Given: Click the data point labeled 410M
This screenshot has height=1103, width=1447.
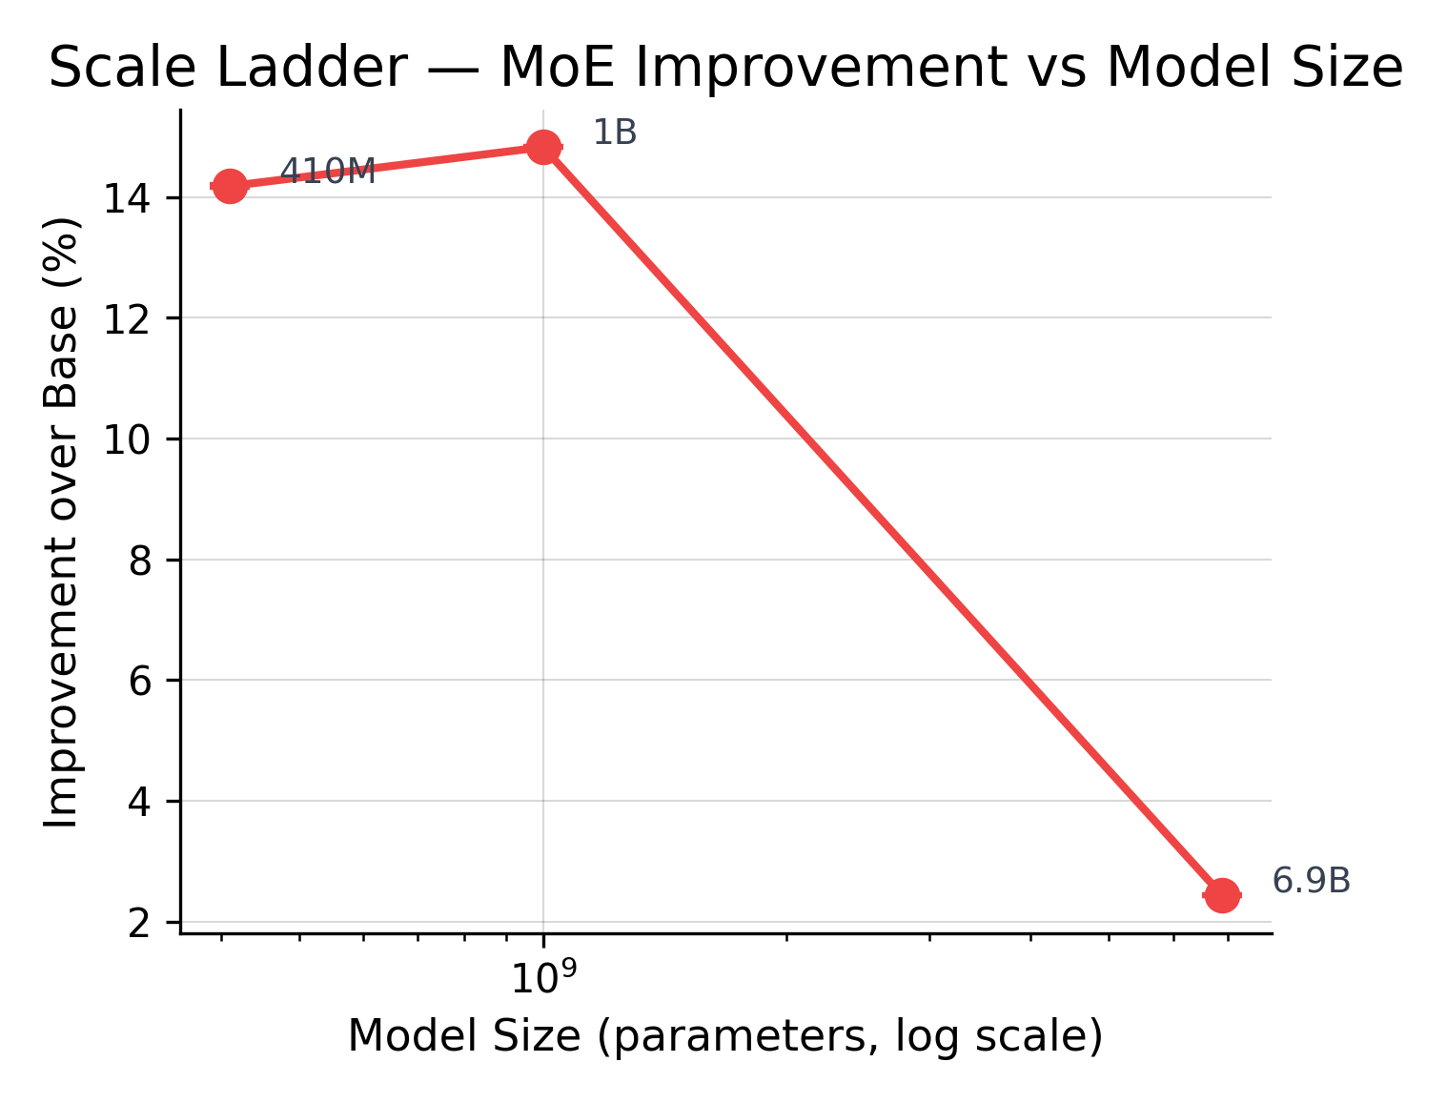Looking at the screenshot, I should [230, 186].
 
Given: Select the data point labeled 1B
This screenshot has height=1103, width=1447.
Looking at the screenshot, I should [543, 148].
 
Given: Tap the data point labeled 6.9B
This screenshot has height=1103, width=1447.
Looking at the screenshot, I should [1221, 895].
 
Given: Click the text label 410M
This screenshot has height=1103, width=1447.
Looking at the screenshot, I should [328, 173].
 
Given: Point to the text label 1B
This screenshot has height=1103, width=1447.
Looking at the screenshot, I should [615, 133].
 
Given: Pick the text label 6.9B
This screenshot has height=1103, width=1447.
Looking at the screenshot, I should [1312, 882].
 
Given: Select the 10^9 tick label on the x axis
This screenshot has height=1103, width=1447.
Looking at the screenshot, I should [543, 976].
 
